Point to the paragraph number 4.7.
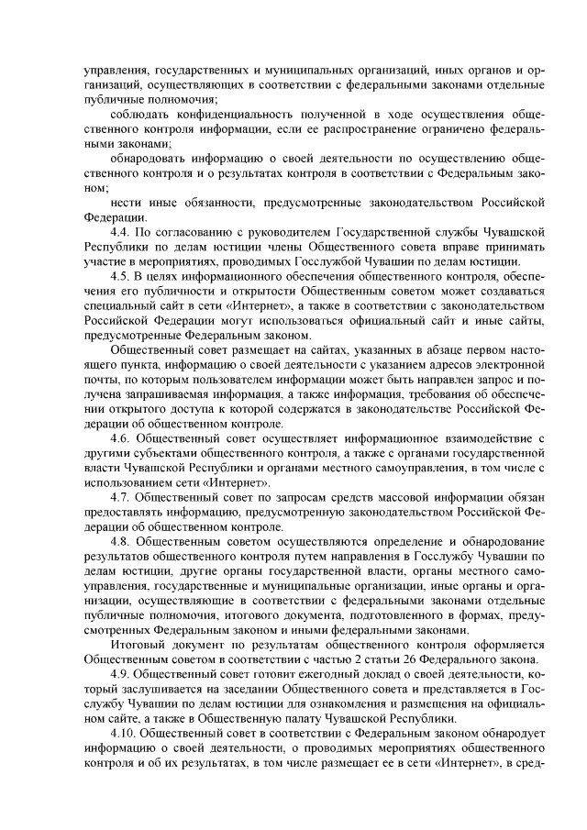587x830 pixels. (x=119, y=497)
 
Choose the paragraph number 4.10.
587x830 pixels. (x=122, y=735)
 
